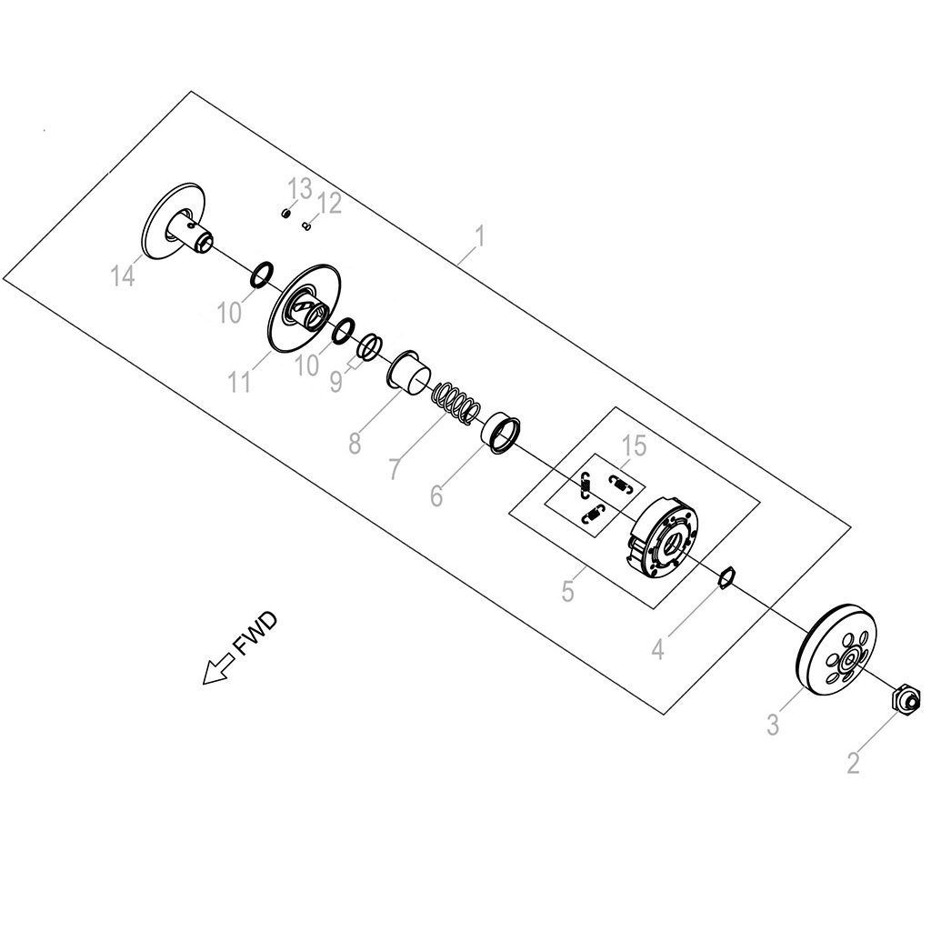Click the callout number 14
[123, 276]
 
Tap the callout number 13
[300, 189]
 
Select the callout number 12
[330, 204]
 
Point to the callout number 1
[480, 236]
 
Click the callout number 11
[240, 382]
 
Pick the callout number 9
[336, 382]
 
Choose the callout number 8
[355, 443]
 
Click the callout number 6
[436, 496]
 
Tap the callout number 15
[634, 445]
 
